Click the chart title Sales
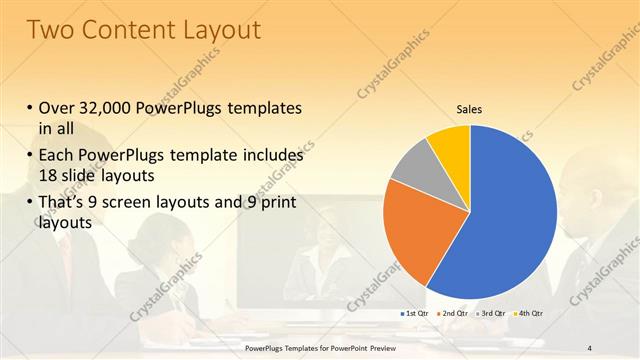(470, 108)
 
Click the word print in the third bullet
(276, 203)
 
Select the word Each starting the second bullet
(60, 156)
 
